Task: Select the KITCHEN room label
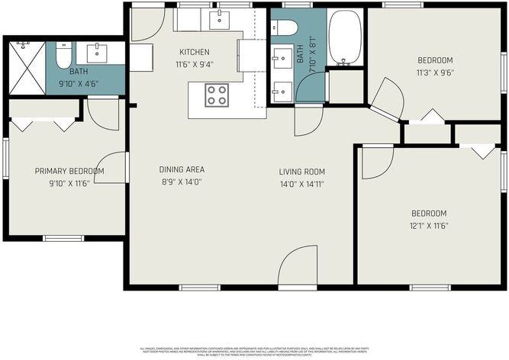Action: (194, 52)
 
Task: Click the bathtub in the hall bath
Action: (346, 36)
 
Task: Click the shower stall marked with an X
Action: (27, 67)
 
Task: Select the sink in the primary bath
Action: (97, 53)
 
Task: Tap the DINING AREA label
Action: (182, 169)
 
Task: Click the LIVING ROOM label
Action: (302, 172)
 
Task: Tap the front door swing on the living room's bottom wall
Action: (298, 267)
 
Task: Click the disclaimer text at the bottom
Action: (254, 350)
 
